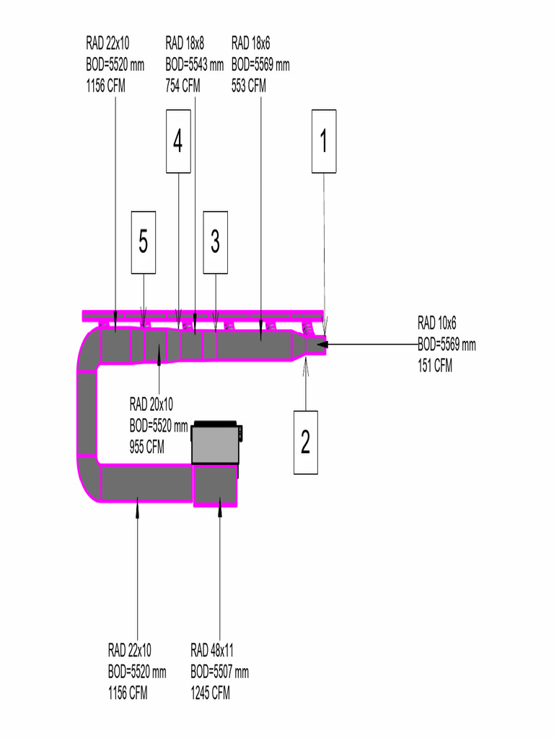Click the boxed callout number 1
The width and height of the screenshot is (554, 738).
point(324,141)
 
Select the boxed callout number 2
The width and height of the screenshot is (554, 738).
point(306,442)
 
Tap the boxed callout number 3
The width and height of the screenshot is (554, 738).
point(215,242)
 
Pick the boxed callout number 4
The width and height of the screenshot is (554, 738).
point(179,141)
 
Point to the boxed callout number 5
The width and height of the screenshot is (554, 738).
point(144,242)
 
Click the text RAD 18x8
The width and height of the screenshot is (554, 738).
point(185,43)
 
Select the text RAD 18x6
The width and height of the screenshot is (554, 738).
point(250,43)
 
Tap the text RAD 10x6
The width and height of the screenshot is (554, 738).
point(436,323)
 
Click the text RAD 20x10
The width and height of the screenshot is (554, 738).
point(151,404)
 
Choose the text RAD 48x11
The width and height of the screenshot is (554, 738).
point(212,650)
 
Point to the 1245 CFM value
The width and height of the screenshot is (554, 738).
point(210,693)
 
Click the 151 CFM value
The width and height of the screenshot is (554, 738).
point(435,365)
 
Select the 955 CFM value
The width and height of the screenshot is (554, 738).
point(147,446)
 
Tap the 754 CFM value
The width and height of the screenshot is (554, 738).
point(183,86)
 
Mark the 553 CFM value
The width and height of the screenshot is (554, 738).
point(249,86)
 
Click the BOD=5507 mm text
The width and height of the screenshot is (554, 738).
point(219,672)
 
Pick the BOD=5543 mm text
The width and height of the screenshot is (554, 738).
point(195,64)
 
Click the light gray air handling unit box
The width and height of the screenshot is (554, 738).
point(215,444)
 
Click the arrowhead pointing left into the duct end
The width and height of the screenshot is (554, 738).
point(322,344)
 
